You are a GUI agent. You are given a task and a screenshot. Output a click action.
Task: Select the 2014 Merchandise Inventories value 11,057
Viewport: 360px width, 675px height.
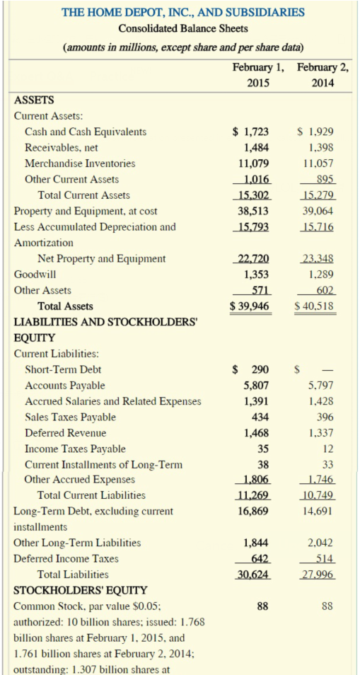318,163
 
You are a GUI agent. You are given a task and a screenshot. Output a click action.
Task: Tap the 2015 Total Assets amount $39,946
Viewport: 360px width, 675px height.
248,306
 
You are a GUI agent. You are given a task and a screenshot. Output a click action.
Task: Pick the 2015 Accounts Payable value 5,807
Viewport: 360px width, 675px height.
255,386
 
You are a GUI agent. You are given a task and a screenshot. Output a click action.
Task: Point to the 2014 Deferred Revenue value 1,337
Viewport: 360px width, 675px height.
320,432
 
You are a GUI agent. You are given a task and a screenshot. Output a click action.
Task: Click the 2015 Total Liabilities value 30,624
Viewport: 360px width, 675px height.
253,574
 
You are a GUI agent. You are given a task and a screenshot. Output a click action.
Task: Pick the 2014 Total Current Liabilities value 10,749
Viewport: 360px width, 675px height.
318,495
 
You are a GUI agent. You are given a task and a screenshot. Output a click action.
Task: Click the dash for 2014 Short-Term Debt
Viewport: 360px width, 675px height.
328,370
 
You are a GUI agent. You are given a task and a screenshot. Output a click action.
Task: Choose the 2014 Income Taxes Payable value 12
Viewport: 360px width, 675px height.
328,448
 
